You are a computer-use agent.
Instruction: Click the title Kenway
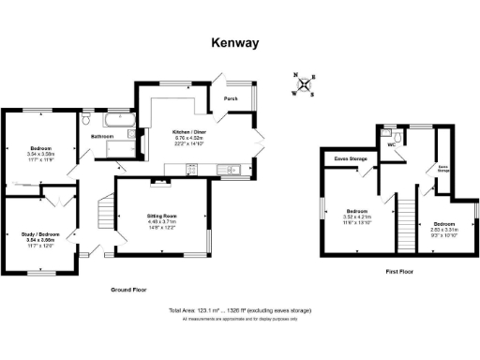pos(234,43)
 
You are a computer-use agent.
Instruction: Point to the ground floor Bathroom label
pos(101,137)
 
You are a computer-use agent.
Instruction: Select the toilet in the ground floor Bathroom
pos(86,121)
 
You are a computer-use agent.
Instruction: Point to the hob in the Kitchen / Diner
pos(193,170)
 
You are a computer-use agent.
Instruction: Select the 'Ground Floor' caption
pos(128,290)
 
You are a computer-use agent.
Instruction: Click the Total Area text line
pos(240,310)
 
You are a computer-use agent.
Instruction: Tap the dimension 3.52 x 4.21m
pos(360,217)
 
